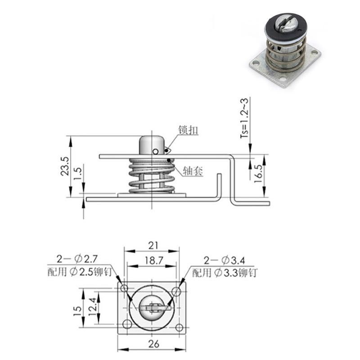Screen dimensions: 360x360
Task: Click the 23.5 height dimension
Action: click(65, 166)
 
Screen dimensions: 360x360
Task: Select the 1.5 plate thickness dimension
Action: click(78, 174)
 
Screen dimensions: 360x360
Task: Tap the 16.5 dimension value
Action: click(259, 174)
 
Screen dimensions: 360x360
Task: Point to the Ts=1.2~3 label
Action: click(244, 118)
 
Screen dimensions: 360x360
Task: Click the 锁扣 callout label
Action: click(188, 130)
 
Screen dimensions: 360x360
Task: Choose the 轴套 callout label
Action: click(193, 171)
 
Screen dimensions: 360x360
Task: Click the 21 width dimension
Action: click(153, 246)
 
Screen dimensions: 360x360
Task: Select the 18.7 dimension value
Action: click(154, 261)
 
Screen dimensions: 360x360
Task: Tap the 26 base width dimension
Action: click(153, 344)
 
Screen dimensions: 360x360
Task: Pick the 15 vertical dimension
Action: click(77, 311)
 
